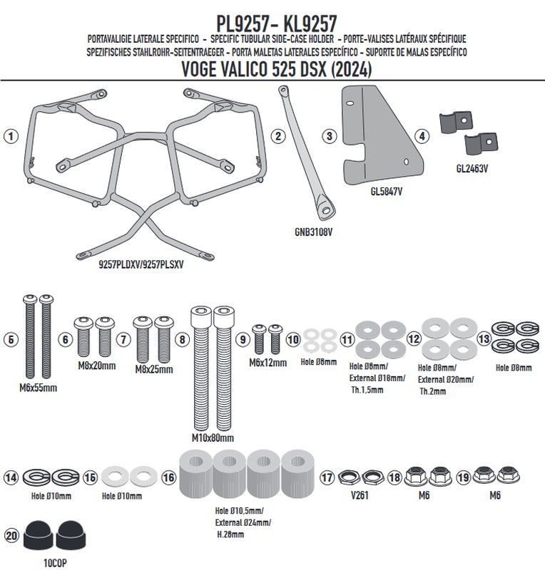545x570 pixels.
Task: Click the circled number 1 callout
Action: click(x=11, y=136)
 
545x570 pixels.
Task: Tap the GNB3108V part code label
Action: click(x=313, y=232)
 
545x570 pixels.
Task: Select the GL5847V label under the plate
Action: click(x=386, y=191)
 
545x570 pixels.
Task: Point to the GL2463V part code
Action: click(x=472, y=169)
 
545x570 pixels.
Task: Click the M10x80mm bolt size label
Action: click(x=213, y=438)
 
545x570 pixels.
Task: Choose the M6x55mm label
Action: click(x=39, y=388)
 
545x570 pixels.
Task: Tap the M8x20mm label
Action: click(x=97, y=366)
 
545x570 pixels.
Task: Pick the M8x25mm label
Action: click(x=154, y=369)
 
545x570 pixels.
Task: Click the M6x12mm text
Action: click(x=268, y=363)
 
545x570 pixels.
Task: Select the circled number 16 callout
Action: click(x=168, y=477)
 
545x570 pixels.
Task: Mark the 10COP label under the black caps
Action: click(x=55, y=563)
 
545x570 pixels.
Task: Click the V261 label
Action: click(x=360, y=495)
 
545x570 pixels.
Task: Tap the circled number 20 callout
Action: click(x=11, y=536)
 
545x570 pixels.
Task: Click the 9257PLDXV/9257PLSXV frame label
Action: click(x=141, y=264)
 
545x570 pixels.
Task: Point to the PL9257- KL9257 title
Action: click(x=277, y=24)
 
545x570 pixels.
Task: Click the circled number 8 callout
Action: click(x=183, y=340)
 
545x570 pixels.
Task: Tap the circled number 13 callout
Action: click(x=484, y=339)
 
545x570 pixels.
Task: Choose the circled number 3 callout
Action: click(x=330, y=136)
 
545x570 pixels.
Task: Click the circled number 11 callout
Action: click(x=347, y=340)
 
